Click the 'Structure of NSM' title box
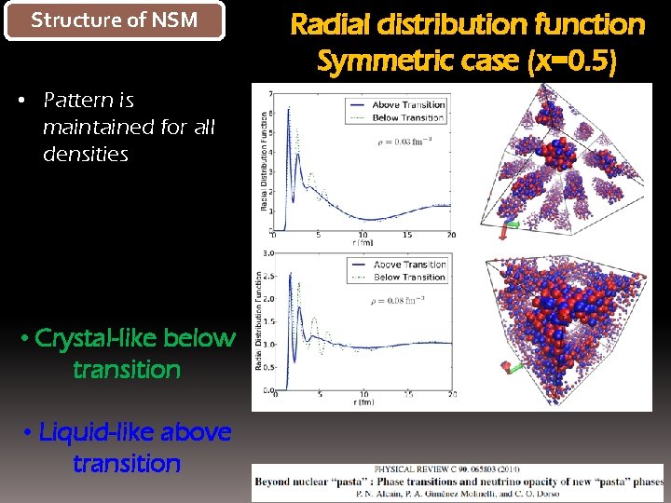click(x=115, y=20)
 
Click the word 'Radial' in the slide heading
click(x=336, y=24)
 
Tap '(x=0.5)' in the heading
click(x=571, y=61)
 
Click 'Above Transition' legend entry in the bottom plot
click(x=409, y=265)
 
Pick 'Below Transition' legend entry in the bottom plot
click(x=409, y=277)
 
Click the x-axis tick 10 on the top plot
click(x=363, y=235)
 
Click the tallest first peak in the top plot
click(x=288, y=110)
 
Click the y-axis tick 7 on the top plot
click(x=269, y=95)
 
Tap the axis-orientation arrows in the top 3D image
click(x=507, y=226)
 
